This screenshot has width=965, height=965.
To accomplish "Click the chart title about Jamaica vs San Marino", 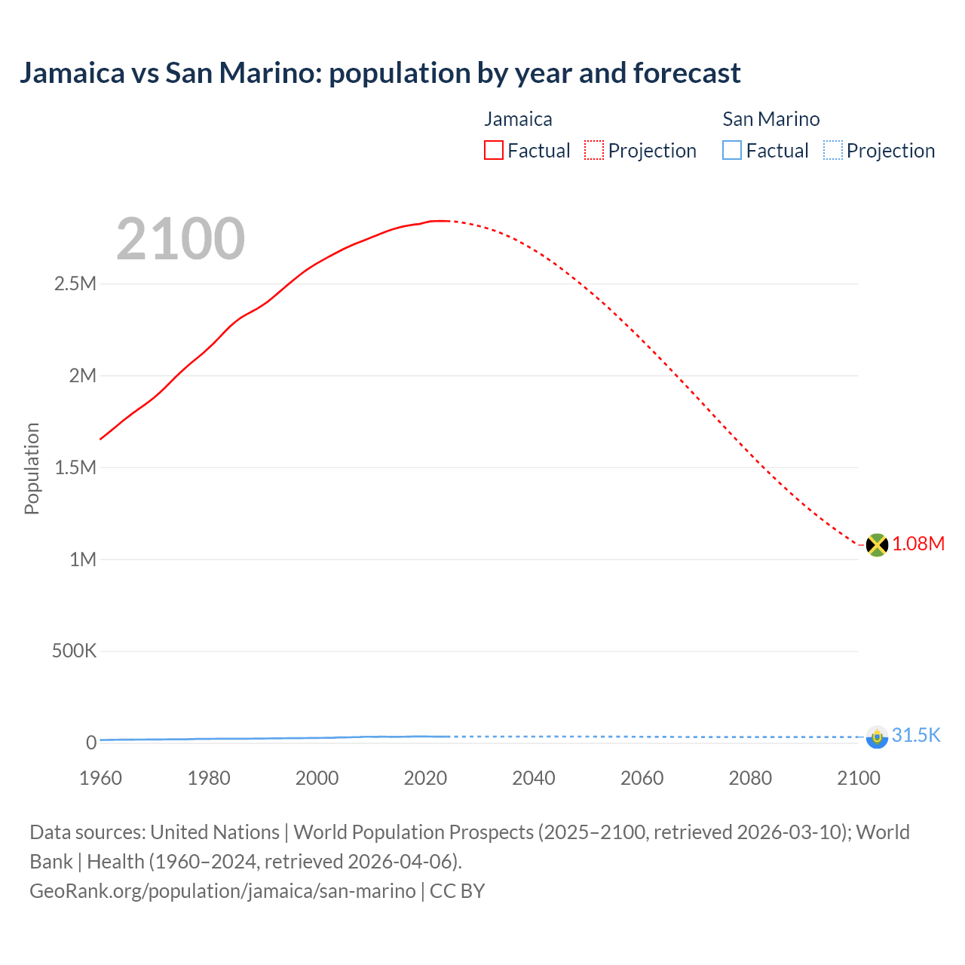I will [380, 73].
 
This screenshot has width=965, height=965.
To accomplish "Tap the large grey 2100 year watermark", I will [180, 239].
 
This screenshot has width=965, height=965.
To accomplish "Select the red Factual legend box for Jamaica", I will [494, 150].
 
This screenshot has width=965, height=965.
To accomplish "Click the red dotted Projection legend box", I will [594, 150].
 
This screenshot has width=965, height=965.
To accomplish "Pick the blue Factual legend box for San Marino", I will [732, 150].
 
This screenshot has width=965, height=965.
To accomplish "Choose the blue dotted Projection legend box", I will [833, 150].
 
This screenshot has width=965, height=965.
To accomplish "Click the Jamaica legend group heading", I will [518, 119].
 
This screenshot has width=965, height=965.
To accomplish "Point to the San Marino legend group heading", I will [770, 119].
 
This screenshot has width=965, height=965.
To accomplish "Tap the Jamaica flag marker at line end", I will [877, 544].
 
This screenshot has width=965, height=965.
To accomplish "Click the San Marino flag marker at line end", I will [877, 737].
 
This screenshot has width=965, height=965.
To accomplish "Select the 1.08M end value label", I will [918, 544].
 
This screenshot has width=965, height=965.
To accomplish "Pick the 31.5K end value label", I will [916, 736].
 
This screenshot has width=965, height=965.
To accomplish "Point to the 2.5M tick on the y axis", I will [75, 284].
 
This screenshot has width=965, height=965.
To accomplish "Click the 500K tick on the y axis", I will [74, 651].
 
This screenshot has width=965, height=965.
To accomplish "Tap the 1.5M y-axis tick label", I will [75, 467].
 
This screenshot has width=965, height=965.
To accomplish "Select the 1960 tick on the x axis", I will [100, 778].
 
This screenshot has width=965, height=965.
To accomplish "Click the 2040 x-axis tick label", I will [534, 778].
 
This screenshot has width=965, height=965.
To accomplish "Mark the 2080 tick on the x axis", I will [750, 778].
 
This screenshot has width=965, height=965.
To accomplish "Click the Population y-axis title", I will [32, 468].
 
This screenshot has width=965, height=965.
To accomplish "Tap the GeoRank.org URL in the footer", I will [222, 891].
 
